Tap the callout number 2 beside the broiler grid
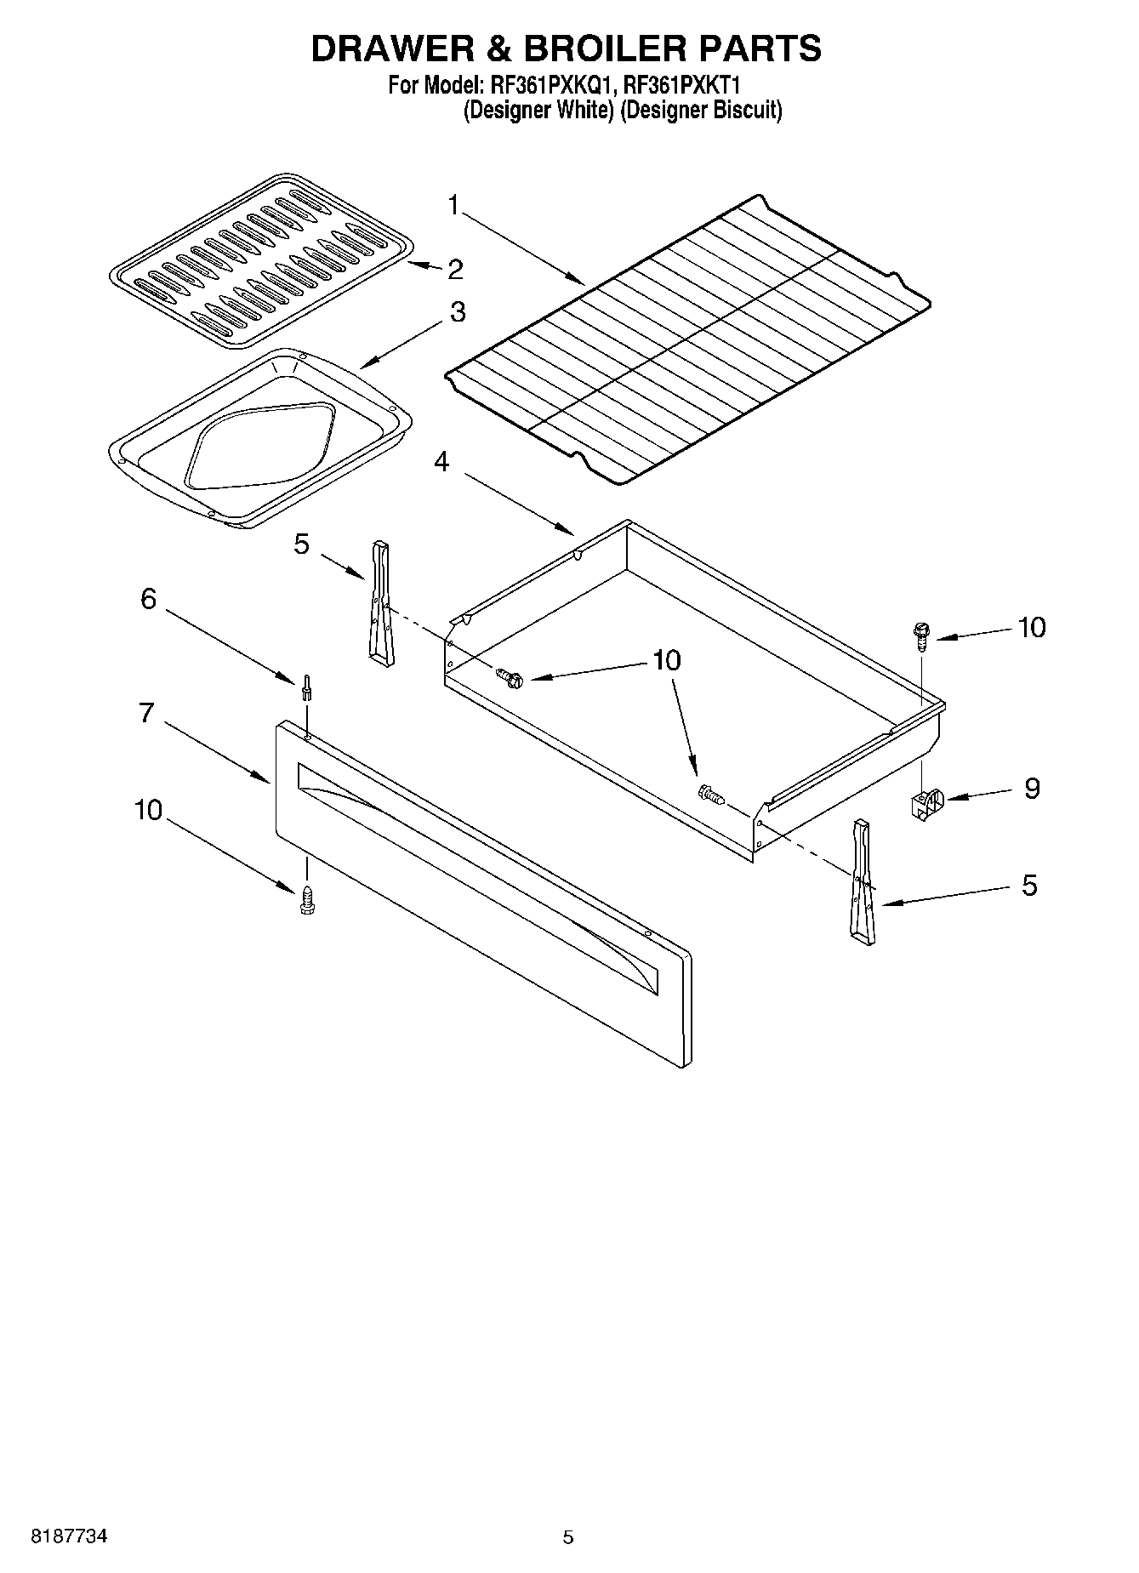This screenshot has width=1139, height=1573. click(x=455, y=270)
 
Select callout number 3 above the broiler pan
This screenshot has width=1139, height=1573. click(x=458, y=312)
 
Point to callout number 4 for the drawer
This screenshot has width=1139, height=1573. click(x=441, y=462)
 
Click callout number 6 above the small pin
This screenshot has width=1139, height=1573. click(x=148, y=599)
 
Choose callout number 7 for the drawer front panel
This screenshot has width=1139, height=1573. click(x=146, y=711)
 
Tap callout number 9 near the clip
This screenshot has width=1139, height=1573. click(x=1031, y=789)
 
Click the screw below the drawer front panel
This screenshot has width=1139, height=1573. click(x=306, y=900)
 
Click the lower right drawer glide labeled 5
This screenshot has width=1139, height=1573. click(x=862, y=882)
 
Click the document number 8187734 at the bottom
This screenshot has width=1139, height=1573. click(x=68, y=1536)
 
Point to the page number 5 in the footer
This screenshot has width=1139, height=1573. click(x=568, y=1536)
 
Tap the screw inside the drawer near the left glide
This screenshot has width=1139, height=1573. click(x=510, y=678)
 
